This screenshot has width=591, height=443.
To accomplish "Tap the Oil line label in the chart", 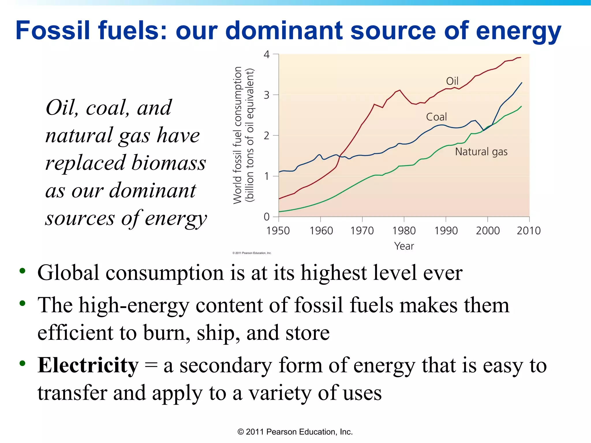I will click(452, 81).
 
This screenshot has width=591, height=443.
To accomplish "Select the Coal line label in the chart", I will click(436, 117).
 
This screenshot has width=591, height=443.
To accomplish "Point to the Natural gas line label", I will click(481, 152).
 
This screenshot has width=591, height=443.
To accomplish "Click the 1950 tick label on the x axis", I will click(278, 231).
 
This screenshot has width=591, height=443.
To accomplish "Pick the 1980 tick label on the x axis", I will click(404, 231).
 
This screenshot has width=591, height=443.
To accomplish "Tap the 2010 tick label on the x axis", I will click(529, 231).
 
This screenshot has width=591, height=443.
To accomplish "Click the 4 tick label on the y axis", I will click(266, 54).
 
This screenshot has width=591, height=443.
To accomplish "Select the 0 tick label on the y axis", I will click(266, 217).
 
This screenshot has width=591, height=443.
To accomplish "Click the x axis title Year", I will click(404, 246).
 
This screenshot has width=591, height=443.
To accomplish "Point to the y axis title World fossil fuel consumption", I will click(237, 135).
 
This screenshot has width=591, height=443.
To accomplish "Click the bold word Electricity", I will click(88, 365).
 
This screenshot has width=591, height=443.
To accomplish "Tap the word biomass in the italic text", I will click(169, 163).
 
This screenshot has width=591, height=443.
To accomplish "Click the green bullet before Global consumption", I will click(22, 271).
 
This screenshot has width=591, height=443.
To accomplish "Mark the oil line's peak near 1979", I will click(400, 90).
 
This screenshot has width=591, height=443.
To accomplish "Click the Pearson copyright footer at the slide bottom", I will click(295, 432).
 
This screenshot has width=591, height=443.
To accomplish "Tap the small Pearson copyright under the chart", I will click(252, 253).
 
